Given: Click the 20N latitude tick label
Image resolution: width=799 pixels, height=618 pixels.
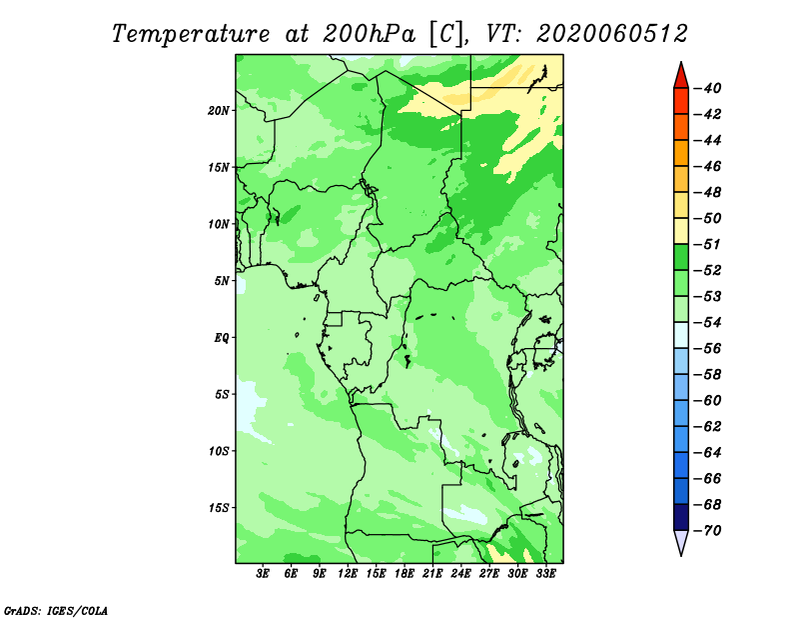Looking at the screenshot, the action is pyautogui.click(x=219, y=111).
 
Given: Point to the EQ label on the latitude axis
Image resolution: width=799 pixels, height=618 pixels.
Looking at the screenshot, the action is pyautogui.click(x=222, y=338).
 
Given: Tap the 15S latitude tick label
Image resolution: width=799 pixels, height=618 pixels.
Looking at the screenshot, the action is pyautogui.click(x=219, y=508).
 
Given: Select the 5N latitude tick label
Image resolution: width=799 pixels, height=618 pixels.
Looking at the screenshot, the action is pyautogui.click(x=222, y=281).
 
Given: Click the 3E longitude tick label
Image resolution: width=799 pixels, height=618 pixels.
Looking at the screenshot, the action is pyautogui.click(x=263, y=574).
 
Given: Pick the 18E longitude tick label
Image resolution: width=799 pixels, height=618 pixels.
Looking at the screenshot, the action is pyautogui.click(x=404, y=574).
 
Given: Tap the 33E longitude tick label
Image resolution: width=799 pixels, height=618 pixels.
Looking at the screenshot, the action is pyautogui.click(x=545, y=574).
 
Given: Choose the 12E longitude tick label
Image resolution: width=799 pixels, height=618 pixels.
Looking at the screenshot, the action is pyautogui.click(x=348, y=574).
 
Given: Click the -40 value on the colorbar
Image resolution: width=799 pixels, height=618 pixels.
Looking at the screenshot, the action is pyautogui.click(x=708, y=88).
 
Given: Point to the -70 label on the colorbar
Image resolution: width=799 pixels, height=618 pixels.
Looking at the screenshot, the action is pyautogui.click(x=708, y=531).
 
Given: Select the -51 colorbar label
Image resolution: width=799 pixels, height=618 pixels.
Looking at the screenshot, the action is pyautogui.click(x=708, y=244).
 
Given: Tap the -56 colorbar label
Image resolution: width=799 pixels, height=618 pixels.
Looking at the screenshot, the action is pyautogui.click(x=708, y=349).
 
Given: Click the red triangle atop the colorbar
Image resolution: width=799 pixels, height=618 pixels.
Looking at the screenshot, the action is pyautogui.click(x=681, y=77).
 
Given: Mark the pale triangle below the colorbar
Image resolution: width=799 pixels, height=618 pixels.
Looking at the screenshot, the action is pyautogui.click(x=681, y=542).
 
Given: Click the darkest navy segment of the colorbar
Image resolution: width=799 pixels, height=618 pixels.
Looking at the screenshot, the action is pyautogui.click(x=681, y=517).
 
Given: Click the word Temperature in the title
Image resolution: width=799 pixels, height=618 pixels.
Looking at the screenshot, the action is pyautogui.click(x=191, y=34).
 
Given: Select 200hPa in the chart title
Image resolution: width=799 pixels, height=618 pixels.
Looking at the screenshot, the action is pyautogui.click(x=370, y=34).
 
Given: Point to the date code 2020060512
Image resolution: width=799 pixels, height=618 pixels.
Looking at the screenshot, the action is pyautogui.click(x=612, y=34).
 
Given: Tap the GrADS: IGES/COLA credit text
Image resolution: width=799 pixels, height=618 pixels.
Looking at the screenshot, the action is pyautogui.click(x=56, y=611).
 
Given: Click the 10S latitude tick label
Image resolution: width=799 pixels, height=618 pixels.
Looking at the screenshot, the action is pyautogui.click(x=219, y=451).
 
